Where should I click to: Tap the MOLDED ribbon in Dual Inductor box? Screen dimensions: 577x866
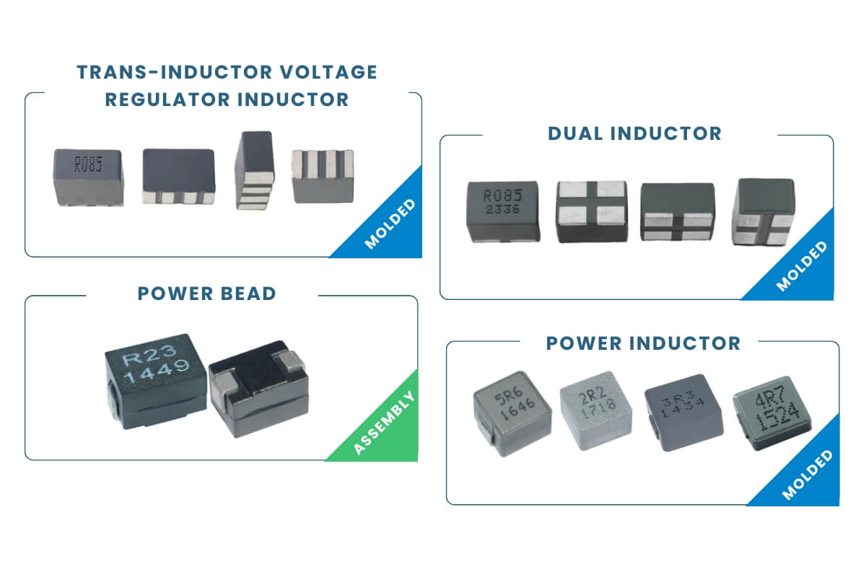(x=802, y=268)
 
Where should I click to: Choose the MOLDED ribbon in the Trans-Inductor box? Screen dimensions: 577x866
(x=390, y=224)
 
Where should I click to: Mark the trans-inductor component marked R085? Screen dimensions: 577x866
(x=88, y=176)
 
